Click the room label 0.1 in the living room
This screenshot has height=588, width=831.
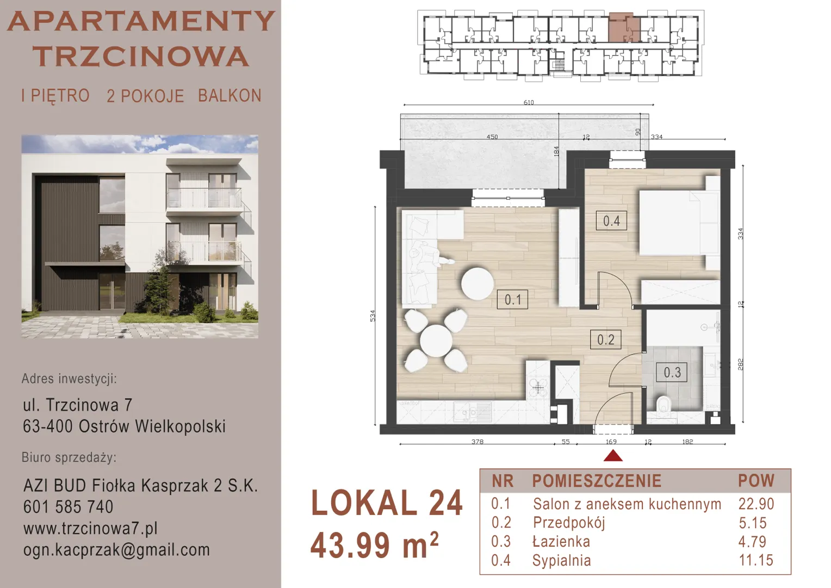512,299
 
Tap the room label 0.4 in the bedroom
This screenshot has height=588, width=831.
611,221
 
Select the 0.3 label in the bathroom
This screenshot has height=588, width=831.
672,372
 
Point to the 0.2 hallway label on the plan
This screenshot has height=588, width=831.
606,340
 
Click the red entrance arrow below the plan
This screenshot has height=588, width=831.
613,456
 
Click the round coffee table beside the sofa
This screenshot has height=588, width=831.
477,284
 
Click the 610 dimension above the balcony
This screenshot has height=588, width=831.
529,102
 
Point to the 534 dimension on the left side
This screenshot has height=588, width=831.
373,316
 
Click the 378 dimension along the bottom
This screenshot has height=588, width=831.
477,442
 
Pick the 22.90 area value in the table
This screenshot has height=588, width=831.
756,504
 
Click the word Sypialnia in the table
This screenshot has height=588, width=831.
562,561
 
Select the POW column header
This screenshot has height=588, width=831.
756,481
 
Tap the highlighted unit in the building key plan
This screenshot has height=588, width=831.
624,28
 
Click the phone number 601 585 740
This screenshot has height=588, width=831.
69,507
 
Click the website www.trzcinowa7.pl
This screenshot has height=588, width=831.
90,528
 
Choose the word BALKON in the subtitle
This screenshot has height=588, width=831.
230,96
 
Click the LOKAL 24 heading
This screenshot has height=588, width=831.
387,503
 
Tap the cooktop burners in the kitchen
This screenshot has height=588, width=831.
537,388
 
